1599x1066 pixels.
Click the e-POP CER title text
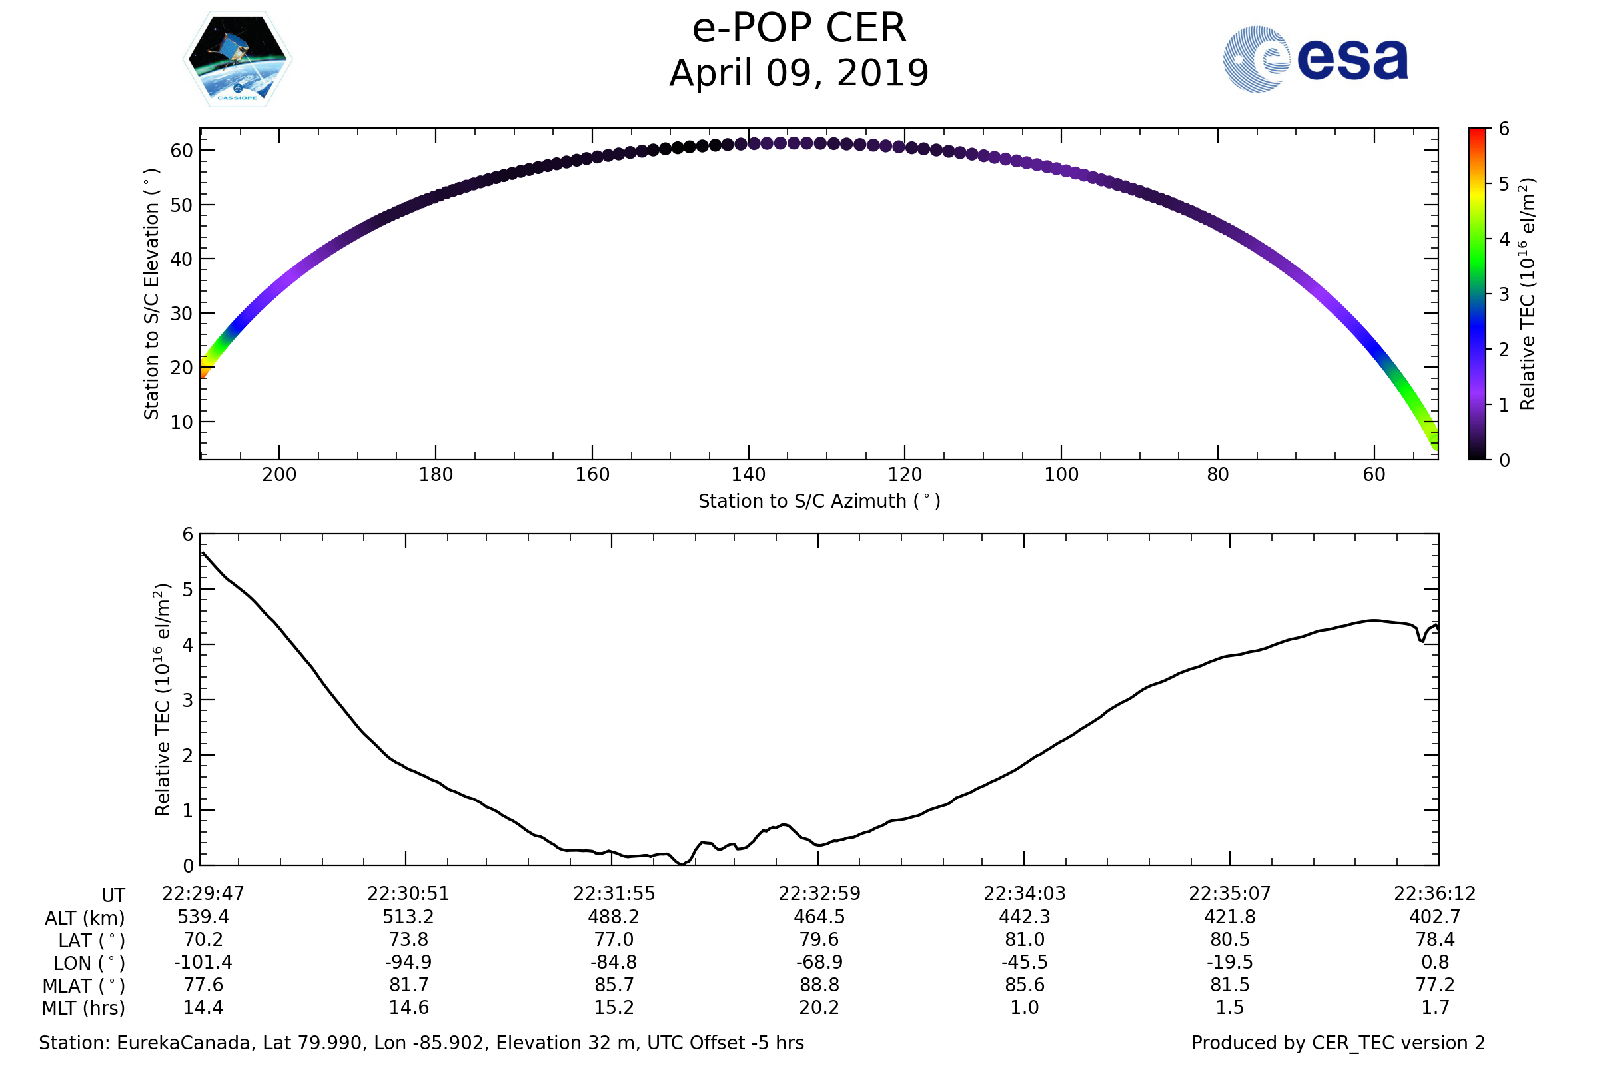click(799, 29)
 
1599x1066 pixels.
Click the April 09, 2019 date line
click(799, 73)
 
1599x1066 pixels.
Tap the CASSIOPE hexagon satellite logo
click(237, 59)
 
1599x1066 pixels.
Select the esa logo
click(1315, 59)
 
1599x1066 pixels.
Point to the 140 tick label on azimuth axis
click(748, 474)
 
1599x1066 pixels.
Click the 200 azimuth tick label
click(278, 474)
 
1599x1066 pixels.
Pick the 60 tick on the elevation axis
click(181, 151)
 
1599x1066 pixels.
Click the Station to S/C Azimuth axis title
click(819, 501)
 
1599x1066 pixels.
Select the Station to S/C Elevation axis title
click(151, 294)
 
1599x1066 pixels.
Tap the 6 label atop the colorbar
click(1504, 129)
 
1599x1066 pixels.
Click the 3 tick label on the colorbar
click(1504, 294)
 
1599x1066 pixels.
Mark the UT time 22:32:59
click(819, 893)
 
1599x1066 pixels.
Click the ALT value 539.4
click(203, 917)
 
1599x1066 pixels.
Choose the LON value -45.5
click(1025, 962)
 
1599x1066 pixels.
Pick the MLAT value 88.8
click(819, 985)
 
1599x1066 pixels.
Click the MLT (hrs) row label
click(84, 1007)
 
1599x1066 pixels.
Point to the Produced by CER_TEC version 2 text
click(1338, 1043)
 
